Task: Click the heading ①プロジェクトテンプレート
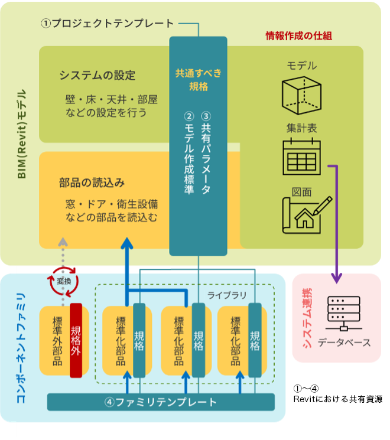[108, 24]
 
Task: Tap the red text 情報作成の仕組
[299, 35]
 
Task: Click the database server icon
[336, 315]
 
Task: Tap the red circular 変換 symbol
[64, 282]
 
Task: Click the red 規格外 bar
[76, 341]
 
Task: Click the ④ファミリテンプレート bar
[161, 402]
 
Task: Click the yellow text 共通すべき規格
[198, 80]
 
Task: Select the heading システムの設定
[97, 76]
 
